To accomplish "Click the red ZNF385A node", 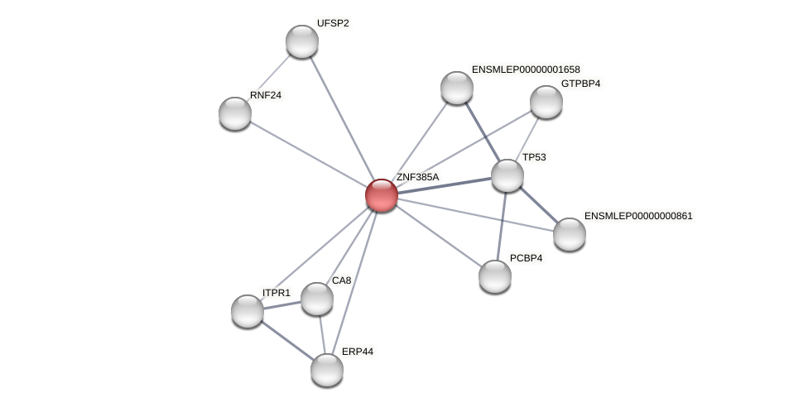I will click(382, 195).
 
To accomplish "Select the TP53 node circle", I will click(507, 175).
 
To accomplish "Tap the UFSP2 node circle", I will click(302, 41).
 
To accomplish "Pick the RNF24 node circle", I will click(235, 113).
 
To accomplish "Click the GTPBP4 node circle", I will click(546, 102).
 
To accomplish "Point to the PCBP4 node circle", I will click(495, 276).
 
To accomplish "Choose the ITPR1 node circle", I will click(248, 311).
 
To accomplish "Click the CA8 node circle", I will click(317, 299).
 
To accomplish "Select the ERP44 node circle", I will click(327, 370).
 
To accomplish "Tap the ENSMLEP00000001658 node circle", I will click(457, 88).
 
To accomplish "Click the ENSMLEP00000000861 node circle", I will click(570, 234).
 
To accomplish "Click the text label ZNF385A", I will click(417, 177).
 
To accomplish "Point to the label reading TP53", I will click(534, 157).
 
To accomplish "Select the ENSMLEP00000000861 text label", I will click(638, 216).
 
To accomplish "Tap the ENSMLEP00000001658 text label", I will click(526, 69).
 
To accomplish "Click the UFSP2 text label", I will click(333, 23).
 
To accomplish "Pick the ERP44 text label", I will click(358, 352).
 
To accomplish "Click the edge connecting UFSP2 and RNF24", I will click(269, 77).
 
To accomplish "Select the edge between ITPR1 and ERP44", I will click(286, 340).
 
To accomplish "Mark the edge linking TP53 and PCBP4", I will click(502, 226).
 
